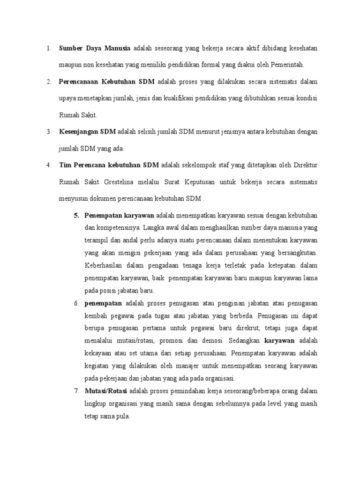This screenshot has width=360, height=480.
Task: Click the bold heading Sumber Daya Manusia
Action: (x=95, y=48)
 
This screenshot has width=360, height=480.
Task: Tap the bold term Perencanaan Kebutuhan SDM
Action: (x=106, y=82)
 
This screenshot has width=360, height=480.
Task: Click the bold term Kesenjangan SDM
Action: (x=87, y=132)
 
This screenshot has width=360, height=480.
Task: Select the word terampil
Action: (x=97, y=240)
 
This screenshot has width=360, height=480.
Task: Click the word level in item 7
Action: (x=265, y=404)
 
